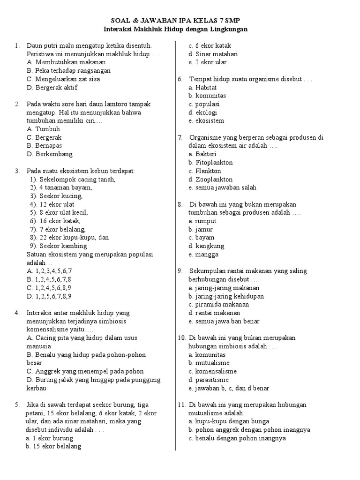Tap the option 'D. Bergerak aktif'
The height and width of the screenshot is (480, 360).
(52, 87)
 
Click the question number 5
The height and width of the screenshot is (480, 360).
(17, 405)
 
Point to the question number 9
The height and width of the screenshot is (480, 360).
(180, 271)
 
